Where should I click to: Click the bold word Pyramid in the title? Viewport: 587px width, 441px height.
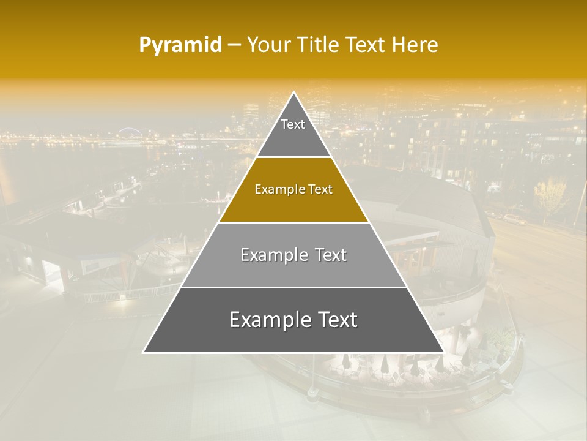click(x=180, y=45)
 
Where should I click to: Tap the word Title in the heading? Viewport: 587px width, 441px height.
click(x=318, y=45)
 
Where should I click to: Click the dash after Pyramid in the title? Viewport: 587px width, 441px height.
click(x=234, y=45)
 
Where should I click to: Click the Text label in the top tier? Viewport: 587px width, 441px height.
click(x=293, y=124)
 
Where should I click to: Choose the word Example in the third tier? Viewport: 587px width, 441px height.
click(x=272, y=255)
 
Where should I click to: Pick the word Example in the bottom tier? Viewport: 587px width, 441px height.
click(x=268, y=320)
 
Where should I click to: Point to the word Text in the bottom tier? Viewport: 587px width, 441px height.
click(x=336, y=320)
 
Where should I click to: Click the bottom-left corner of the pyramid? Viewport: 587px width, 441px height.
click(x=144, y=352)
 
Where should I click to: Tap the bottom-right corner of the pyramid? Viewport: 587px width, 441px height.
click(x=443, y=352)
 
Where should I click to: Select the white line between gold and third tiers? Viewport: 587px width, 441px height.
click(x=293, y=222)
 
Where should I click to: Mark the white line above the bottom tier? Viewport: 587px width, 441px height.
click(x=293, y=287)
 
